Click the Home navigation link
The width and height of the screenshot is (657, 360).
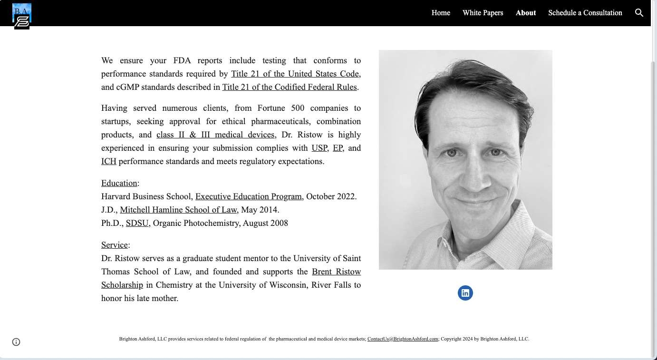point(441,13)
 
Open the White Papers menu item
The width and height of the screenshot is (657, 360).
point(483,13)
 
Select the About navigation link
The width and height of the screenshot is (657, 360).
point(525,13)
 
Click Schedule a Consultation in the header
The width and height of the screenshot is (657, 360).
point(585,13)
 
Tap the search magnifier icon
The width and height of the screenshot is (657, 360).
point(639,13)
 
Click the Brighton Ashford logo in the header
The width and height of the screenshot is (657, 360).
point(22,16)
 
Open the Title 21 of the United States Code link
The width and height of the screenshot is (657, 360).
point(295,74)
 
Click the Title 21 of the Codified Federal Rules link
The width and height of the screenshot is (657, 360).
point(290,87)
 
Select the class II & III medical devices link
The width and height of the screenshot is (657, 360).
point(215,135)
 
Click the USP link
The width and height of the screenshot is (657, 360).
point(319,148)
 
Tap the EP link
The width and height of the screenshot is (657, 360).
point(338,148)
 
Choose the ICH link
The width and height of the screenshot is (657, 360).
point(109,161)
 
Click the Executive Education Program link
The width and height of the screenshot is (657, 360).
point(248,196)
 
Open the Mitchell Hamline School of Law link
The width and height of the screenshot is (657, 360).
point(178,210)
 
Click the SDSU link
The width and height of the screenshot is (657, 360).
point(137,223)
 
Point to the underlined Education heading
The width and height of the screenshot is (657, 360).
point(119,183)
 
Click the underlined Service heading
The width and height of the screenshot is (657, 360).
point(114,245)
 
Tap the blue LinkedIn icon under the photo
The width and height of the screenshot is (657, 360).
point(465,293)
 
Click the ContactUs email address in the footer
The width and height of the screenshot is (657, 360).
point(403,339)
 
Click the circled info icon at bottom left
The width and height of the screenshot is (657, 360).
point(16,342)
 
